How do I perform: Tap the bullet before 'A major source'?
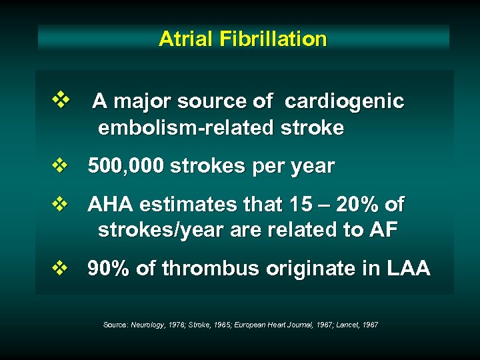coord(61,101)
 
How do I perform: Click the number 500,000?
coord(126,166)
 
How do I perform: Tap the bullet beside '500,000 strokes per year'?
coord(61,166)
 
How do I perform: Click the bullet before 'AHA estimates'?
coord(61,204)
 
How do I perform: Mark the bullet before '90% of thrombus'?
coord(61,269)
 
